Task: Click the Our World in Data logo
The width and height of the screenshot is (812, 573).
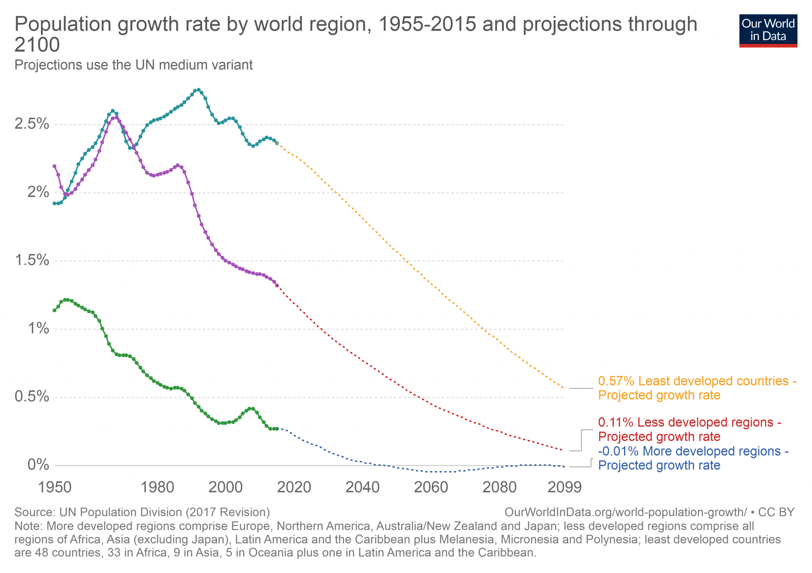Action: click(768, 31)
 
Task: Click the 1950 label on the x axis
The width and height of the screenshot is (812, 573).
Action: click(55, 487)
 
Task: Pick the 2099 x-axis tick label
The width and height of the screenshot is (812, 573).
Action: click(564, 487)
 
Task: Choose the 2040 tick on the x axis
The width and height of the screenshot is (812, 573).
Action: click(362, 487)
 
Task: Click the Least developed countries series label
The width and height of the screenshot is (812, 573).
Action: click(697, 388)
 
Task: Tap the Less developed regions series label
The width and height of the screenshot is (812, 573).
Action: click(689, 429)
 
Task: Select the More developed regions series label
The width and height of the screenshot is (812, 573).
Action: click(693, 458)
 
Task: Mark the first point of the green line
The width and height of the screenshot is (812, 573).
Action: click(54, 310)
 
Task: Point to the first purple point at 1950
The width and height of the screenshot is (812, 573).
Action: click(54, 166)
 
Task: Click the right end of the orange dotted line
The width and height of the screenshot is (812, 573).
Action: click(563, 387)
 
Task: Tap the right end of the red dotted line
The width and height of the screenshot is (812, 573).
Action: click(563, 450)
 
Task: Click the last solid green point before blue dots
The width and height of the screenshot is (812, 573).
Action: click(277, 429)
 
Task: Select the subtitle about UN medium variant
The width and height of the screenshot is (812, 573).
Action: click(134, 65)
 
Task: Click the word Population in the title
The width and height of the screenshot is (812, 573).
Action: click(63, 25)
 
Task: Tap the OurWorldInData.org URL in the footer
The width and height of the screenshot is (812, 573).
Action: click(626, 512)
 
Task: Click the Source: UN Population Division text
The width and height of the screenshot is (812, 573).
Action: click(142, 512)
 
